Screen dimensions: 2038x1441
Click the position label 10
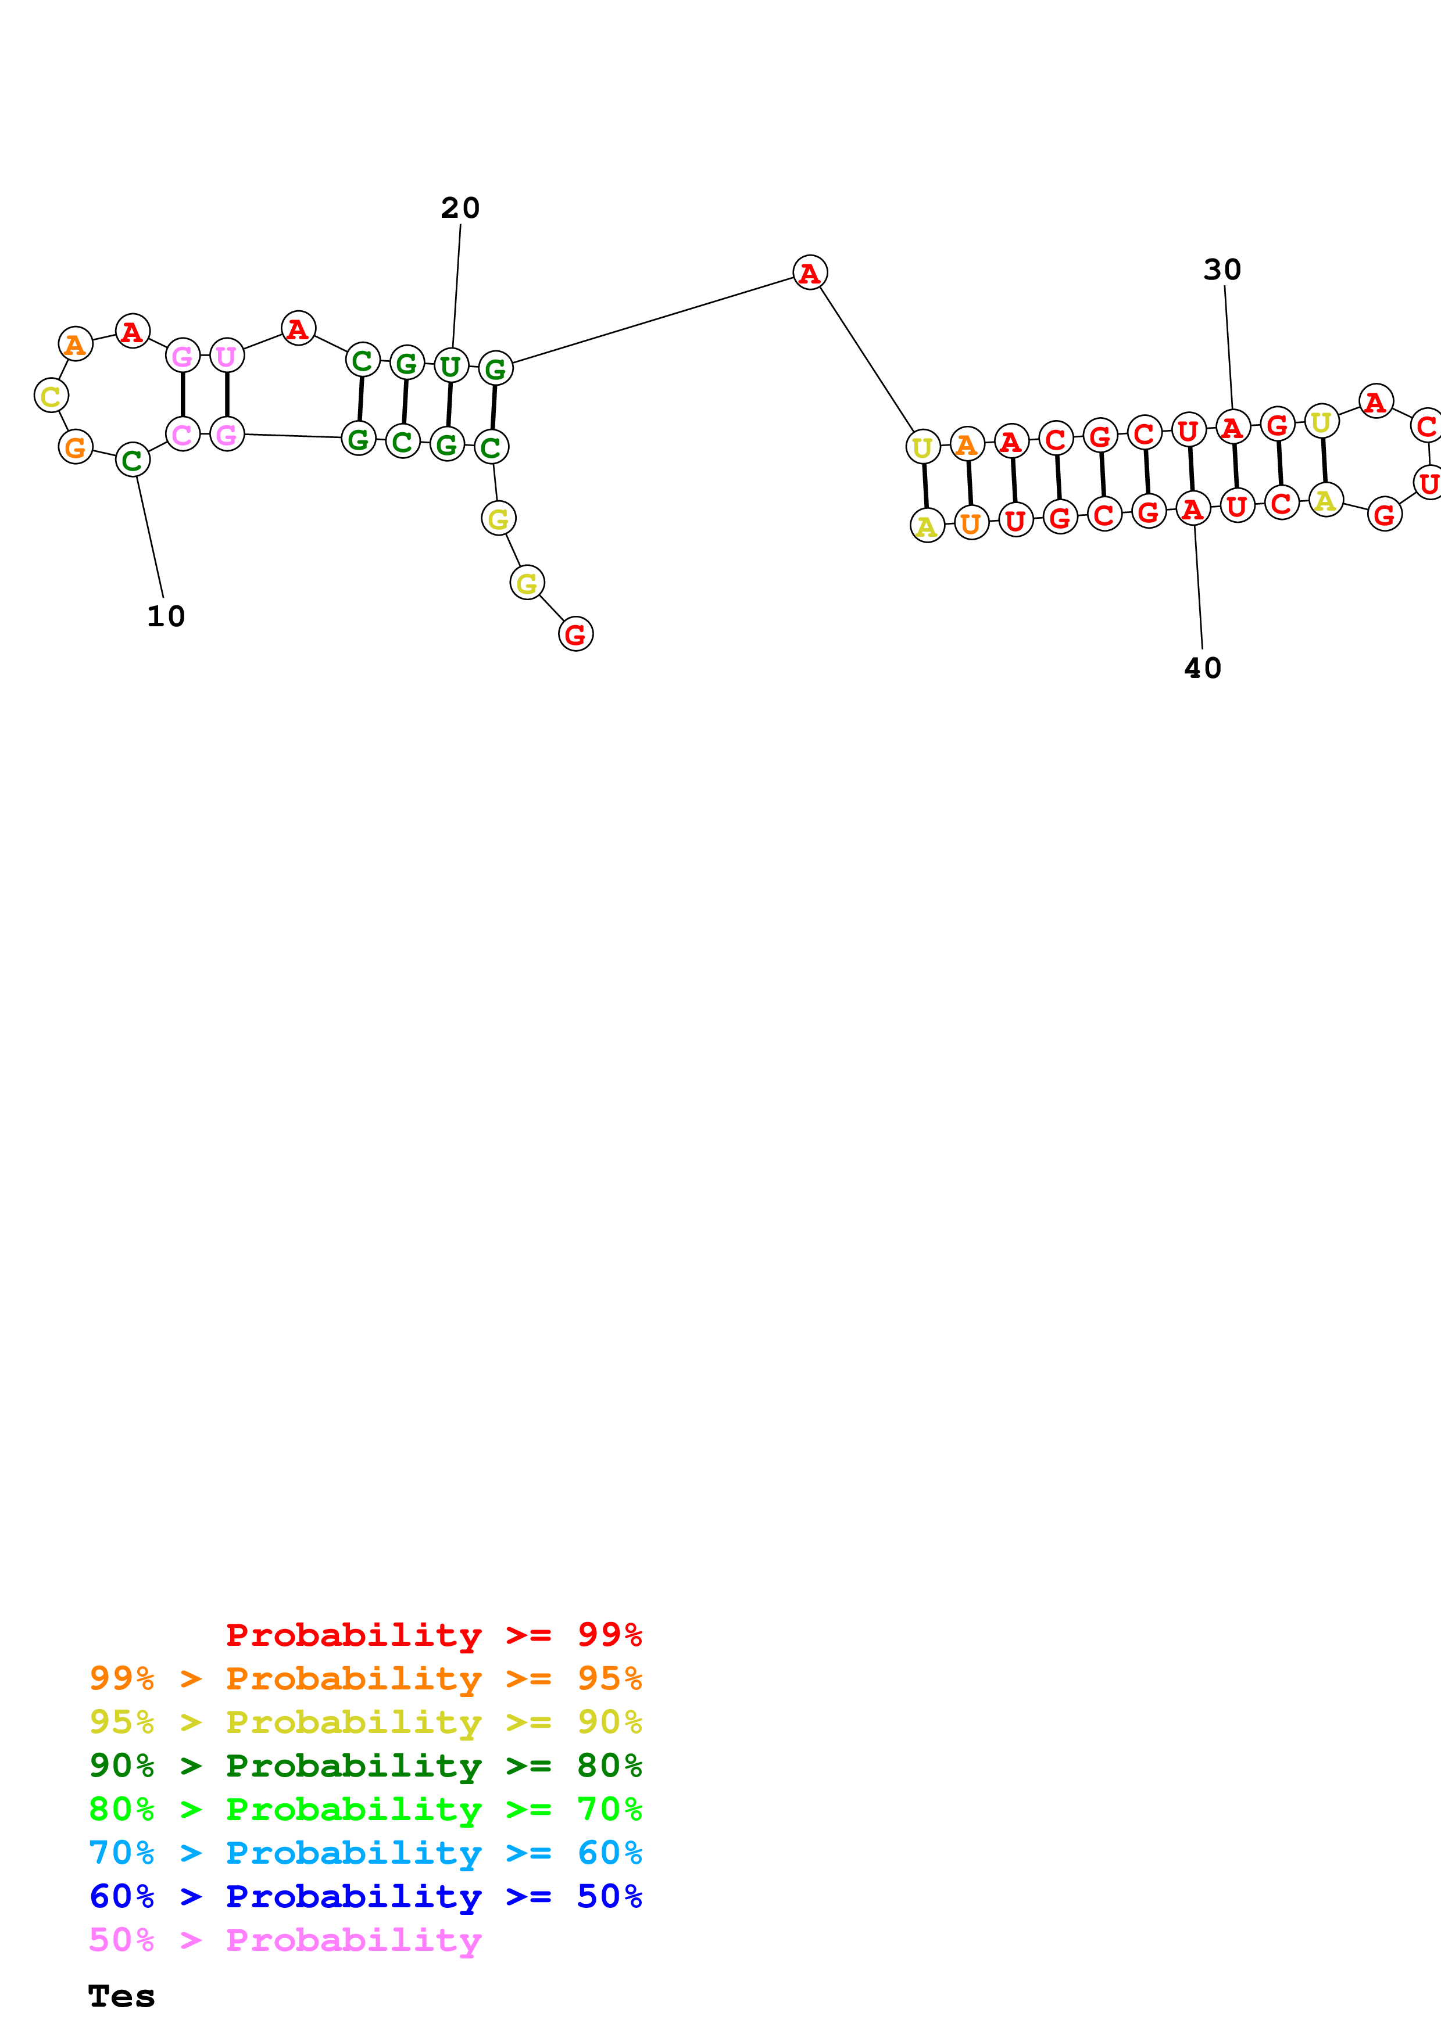(x=165, y=616)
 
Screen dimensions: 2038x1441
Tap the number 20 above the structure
(x=460, y=208)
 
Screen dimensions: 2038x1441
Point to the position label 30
(x=1222, y=269)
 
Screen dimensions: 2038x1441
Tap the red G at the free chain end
(x=575, y=634)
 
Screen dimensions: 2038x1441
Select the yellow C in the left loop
(x=51, y=395)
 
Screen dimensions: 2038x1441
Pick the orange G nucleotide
(x=76, y=447)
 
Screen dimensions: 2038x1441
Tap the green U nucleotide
(x=450, y=365)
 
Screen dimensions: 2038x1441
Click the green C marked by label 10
(x=133, y=460)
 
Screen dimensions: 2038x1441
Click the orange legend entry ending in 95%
(x=365, y=1678)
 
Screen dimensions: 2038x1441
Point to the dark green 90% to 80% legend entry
(x=365, y=1766)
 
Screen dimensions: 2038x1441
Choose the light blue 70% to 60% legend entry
(x=365, y=1853)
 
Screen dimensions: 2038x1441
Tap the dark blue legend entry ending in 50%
(x=365, y=1897)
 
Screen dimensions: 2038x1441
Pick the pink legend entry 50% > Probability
(x=285, y=1940)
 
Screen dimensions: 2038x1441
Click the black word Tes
(x=121, y=1996)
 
